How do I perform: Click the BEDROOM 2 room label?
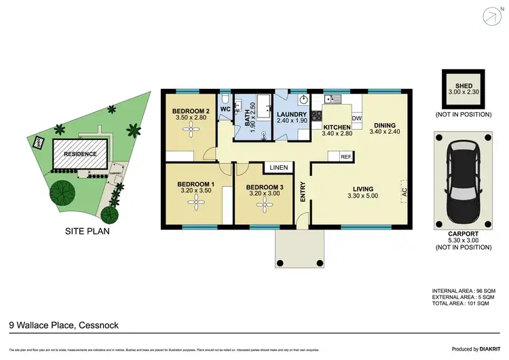(189, 111)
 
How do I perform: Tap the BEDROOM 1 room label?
(195, 184)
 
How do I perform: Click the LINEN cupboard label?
(278, 167)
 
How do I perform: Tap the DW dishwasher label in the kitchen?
(357, 119)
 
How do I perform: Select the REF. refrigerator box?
(345, 157)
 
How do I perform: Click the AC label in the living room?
(404, 191)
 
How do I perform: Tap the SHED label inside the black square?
(464, 86)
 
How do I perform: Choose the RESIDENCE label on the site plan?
(81, 154)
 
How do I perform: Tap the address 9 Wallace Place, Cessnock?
(64, 325)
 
